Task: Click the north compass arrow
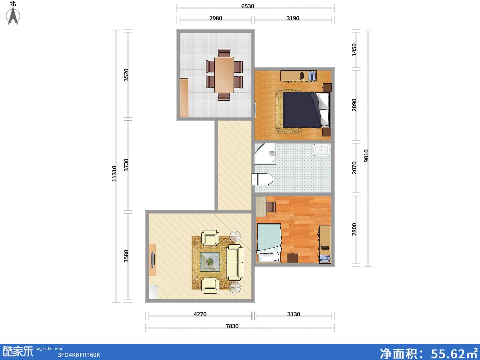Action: point(13,16)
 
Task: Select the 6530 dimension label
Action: point(248,6)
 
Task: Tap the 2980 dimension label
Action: point(216,18)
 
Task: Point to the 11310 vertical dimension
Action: point(114,174)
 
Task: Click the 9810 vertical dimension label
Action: point(366,156)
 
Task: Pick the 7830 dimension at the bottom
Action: point(232,326)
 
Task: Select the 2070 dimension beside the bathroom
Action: point(354,168)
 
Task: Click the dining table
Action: point(224,75)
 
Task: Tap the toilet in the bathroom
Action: point(262,179)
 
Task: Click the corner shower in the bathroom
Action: point(265,154)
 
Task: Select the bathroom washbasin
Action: point(322,150)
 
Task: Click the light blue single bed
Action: point(269,243)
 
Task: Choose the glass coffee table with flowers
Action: point(210,262)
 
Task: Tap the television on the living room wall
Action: point(153,260)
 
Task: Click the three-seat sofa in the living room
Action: point(234,262)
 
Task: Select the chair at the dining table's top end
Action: point(224,53)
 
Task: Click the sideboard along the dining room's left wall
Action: point(184,98)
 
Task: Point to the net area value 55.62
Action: point(448,353)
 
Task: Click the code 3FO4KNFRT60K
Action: point(79,355)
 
